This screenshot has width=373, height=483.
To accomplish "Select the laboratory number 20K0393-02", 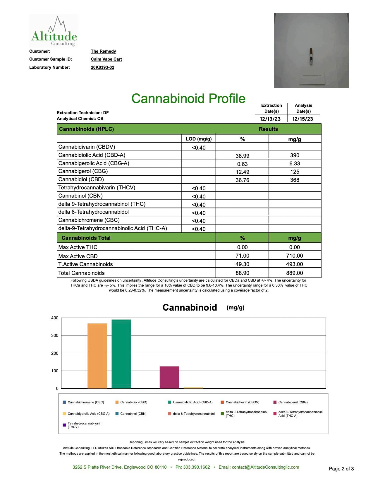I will point(102,67).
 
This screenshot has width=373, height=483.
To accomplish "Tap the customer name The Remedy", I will point(103,51).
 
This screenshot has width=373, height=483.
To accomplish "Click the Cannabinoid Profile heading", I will point(188,99).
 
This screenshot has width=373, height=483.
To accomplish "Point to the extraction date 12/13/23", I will point(270,119).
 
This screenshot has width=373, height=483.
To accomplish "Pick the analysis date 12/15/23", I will point(302,119).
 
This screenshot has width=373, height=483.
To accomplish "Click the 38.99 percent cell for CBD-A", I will point(242,156).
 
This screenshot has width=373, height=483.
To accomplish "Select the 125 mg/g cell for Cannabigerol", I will point(295,172).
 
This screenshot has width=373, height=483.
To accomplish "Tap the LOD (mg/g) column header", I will point(199,139).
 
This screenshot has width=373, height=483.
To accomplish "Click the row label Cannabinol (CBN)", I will point(80,196).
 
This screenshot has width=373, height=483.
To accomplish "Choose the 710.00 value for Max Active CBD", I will point(294,256).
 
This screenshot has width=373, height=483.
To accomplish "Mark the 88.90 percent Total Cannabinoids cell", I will point(242,273).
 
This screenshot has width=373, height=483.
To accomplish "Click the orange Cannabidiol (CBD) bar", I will point(97,356).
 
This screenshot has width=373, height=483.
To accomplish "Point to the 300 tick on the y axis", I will point(55,335).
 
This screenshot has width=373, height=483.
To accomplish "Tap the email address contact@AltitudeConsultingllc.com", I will point(265,467).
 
